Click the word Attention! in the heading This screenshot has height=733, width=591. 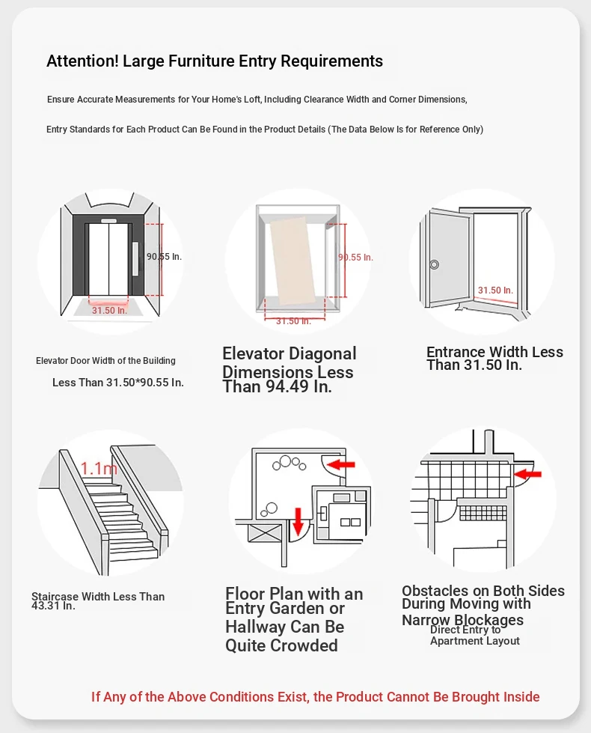[x=82, y=61]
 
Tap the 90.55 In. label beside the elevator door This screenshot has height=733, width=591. [x=164, y=257]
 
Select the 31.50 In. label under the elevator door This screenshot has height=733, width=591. [x=109, y=310]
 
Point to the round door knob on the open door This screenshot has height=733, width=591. [x=433, y=264]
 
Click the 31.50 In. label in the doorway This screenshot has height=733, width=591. [x=495, y=291]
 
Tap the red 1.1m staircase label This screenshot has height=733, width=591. [x=99, y=469]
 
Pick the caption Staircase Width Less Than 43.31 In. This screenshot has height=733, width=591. [x=97, y=601]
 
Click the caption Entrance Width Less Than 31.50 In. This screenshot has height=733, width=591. [x=494, y=359]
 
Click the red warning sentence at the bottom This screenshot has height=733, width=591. [x=315, y=697]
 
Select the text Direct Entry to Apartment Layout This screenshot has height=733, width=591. [x=474, y=636]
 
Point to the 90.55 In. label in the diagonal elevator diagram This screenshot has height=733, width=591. [x=355, y=258]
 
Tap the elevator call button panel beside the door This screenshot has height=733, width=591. [x=135, y=259]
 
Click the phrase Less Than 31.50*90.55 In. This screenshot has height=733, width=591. [x=117, y=383]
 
